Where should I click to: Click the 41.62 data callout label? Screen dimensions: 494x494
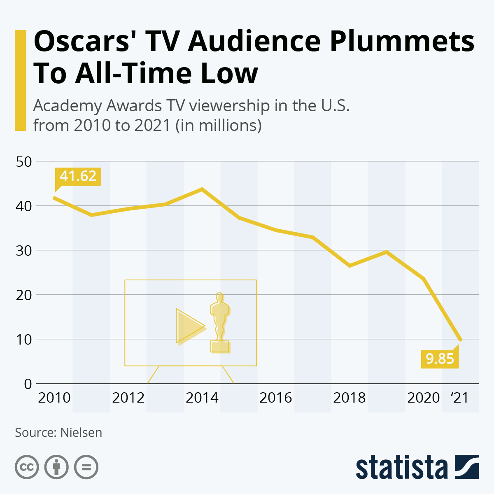click(78, 176)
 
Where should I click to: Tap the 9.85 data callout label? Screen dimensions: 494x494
click(440, 359)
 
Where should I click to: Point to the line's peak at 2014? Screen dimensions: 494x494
click(202, 189)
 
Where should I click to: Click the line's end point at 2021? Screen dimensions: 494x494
click(460, 340)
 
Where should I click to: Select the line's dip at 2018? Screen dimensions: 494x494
click(350, 266)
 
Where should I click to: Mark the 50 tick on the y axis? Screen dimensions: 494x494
click(24, 161)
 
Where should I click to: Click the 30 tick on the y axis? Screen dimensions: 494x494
click(24, 250)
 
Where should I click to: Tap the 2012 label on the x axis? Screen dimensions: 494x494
click(128, 398)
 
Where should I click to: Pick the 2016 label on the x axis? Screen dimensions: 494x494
click(275, 398)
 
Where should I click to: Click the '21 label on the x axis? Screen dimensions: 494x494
click(459, 398)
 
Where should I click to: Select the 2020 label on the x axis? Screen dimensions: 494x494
click(423, 398)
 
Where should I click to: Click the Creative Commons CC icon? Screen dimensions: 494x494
click(27, 467)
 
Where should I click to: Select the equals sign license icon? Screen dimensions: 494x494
click(86, 467)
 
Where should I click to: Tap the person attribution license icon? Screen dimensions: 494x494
click(56, 467)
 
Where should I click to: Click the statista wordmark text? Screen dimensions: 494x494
click(401, 467)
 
